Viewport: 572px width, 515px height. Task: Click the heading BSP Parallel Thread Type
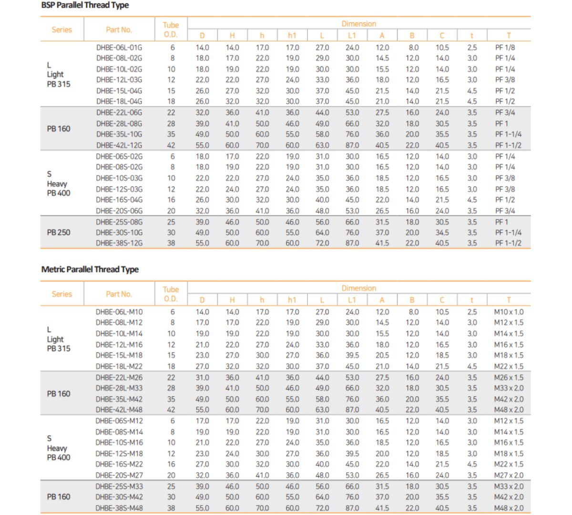85,5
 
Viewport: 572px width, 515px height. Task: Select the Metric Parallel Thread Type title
90,269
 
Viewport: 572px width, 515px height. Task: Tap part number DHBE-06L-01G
119,47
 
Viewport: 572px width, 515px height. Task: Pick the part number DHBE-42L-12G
119,145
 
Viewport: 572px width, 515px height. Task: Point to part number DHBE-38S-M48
119,508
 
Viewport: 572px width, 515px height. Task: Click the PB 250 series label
59,233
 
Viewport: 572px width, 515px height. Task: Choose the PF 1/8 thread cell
505,47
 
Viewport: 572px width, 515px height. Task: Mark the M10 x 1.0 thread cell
509,312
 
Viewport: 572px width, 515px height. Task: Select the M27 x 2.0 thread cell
509,475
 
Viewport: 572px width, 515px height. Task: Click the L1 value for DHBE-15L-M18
352,355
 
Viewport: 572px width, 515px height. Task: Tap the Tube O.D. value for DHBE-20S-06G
171,211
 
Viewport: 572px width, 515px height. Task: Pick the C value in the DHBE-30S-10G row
442,233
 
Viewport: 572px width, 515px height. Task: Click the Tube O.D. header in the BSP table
171,30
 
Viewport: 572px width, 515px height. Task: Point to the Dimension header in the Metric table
359,288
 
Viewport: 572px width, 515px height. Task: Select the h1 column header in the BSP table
292,35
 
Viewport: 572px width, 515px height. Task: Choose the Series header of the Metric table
61,294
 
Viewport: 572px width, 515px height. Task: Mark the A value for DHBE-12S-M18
382,453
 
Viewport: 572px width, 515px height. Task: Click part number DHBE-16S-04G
119,200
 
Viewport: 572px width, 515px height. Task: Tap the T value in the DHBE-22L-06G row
505,113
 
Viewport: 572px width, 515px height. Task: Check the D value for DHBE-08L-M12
202,322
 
